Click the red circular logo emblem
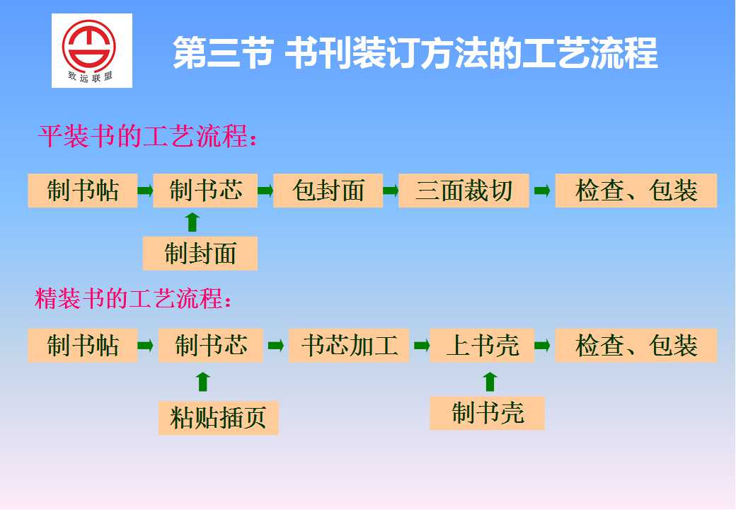[89, 45]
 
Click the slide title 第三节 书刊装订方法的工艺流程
[415, 53]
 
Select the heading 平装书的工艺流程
[147, 136]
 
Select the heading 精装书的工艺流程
[133, 298]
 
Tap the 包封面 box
[328, 191]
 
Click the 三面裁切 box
[464, 191]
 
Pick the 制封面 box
[200, 253]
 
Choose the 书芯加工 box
[349, 346]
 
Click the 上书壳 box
[482, 346]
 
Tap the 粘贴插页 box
[218, 417]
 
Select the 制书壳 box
[487, 413]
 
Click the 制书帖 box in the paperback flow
[83, 191]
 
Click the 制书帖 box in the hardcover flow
[83, 346]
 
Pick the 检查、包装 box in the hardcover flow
[636, 346]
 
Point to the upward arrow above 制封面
[192, 222]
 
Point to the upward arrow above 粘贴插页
[203, 382]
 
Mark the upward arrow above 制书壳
[490, 381]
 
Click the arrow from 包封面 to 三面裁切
[391, 191]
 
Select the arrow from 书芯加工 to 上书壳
[422, 346]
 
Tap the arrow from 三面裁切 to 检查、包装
[542, 191]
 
